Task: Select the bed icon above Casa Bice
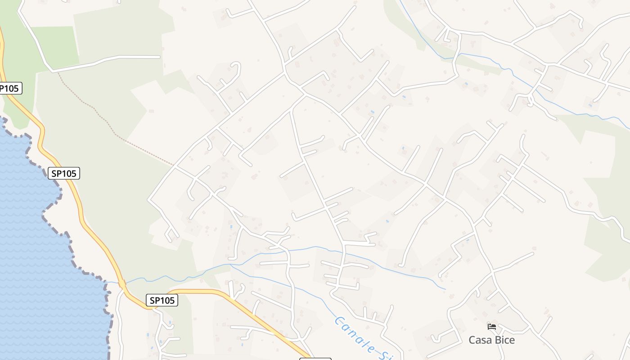click(x=491, y=326)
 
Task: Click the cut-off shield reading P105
click(x=9, y=88)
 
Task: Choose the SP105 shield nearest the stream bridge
click(x=162, y=300)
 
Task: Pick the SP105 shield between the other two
click(x=64, y=173)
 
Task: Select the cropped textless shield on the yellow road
click(x=315, y=358)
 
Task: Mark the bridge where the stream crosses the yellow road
click(x=122, y=284)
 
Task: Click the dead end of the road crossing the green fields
click(x=159, y=57)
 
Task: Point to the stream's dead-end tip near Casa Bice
click(x=445, y=289)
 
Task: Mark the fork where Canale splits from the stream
click(x=231, y=265)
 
